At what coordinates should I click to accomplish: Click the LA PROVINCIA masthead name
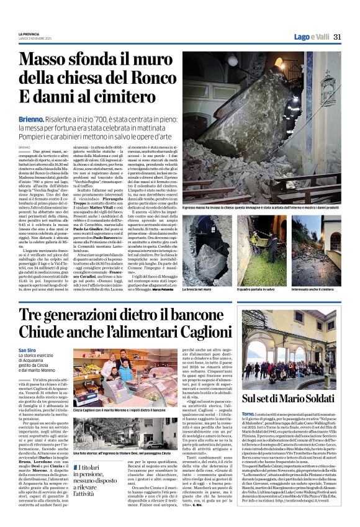click(29, 34)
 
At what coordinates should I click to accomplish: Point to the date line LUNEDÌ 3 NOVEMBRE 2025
click(35, 38)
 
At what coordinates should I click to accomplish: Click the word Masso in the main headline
click(48, 60)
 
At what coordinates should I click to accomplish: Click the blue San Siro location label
click(28, 351)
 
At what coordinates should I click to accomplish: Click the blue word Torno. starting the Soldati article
click(248, 413)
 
